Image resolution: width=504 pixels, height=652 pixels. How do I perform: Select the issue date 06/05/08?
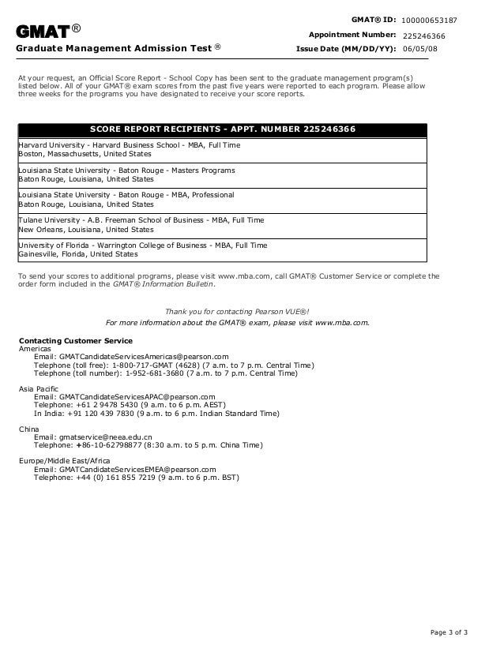pos(419,48)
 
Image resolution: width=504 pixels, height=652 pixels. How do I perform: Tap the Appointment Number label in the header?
pos(352,35)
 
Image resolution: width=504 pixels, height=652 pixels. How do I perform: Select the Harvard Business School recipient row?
pos(129,150)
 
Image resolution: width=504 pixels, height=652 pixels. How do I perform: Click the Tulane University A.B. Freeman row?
pos(141,224)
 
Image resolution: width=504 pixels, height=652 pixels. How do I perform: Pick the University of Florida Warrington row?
pos(142,249)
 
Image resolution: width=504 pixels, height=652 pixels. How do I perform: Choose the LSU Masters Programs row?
pos(126,174)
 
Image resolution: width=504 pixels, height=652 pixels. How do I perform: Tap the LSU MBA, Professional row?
pos(126,200)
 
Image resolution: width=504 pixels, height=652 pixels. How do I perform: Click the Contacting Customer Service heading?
pos(75,340)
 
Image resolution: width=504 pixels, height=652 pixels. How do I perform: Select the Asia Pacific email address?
pos(125,396)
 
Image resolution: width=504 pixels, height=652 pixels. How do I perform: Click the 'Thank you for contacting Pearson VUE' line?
pos(237,310)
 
